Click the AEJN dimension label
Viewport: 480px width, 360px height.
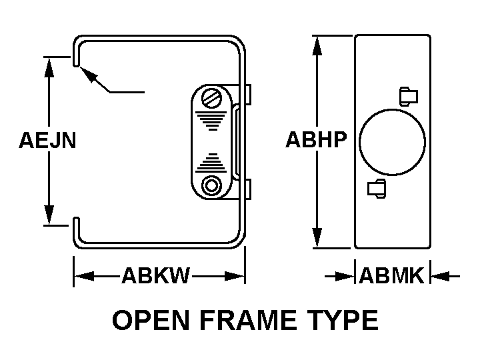(47, 141)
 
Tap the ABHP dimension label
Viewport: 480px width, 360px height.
(316, 140)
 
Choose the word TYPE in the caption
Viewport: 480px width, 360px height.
(342, 321)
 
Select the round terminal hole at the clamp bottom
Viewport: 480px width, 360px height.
(213, 185)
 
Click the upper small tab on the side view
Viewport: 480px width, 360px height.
(408, 96)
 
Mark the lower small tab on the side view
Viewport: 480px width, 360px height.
(376, 189)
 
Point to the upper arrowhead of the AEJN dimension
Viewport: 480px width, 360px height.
(49, 65)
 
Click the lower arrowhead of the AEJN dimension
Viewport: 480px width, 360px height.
(49, 216)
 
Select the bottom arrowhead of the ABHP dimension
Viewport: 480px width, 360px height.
(318, 238)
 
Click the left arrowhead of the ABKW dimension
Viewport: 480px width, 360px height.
(82, 275)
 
